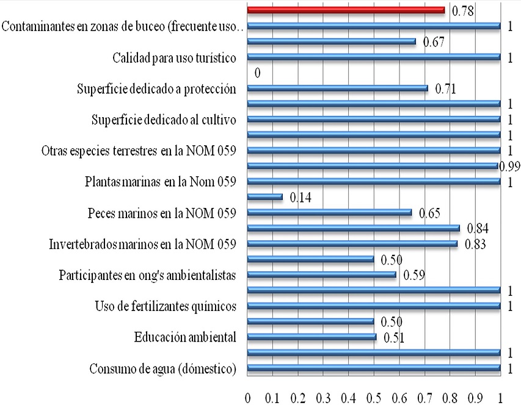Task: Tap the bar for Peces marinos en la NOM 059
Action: pyautogui.click(x=329, y=213)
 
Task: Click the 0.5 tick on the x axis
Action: pyautogui.click(x=373, y=398)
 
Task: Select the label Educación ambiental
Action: pyautogui.click(x=185, y=337)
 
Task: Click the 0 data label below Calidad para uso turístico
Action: pyautogui.click(x=257, y=73)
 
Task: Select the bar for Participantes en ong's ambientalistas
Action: pyautogui.click(x=321, y=275)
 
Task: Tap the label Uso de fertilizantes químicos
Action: pyautogui.click(x=166, y=306)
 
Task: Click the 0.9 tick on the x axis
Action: pyautogui.click(x=475, y=398)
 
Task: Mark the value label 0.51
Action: pyautogui.click(x=394, y=337)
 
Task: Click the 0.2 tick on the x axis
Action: pyautogui.click(x=297, y=398)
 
